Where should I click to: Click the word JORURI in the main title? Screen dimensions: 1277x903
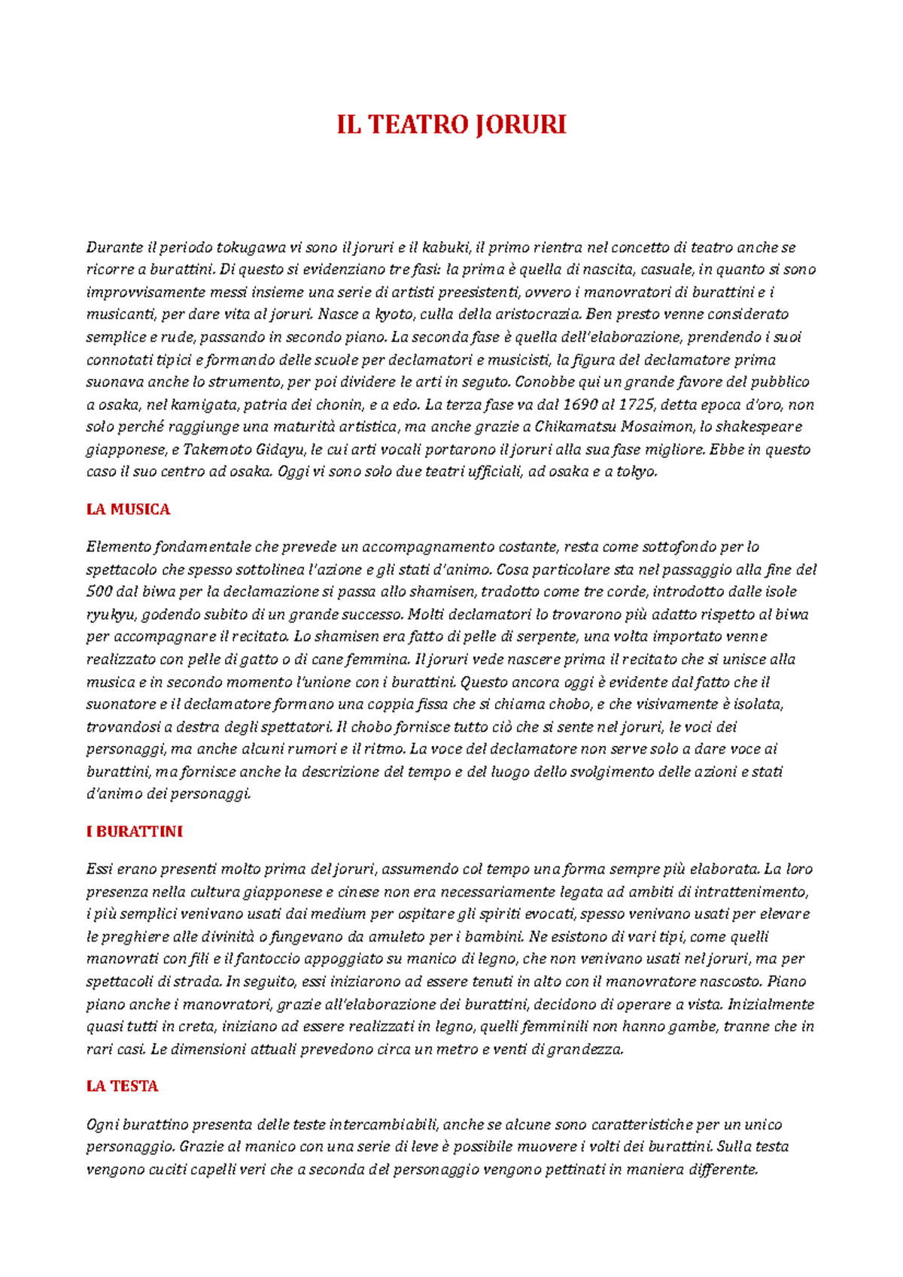520,125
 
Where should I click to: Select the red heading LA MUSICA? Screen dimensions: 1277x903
128,510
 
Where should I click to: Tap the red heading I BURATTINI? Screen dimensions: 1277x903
135,832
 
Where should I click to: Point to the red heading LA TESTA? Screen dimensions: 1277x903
122,1087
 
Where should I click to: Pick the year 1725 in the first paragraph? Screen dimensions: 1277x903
636,405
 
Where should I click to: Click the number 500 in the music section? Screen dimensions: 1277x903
99,592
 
